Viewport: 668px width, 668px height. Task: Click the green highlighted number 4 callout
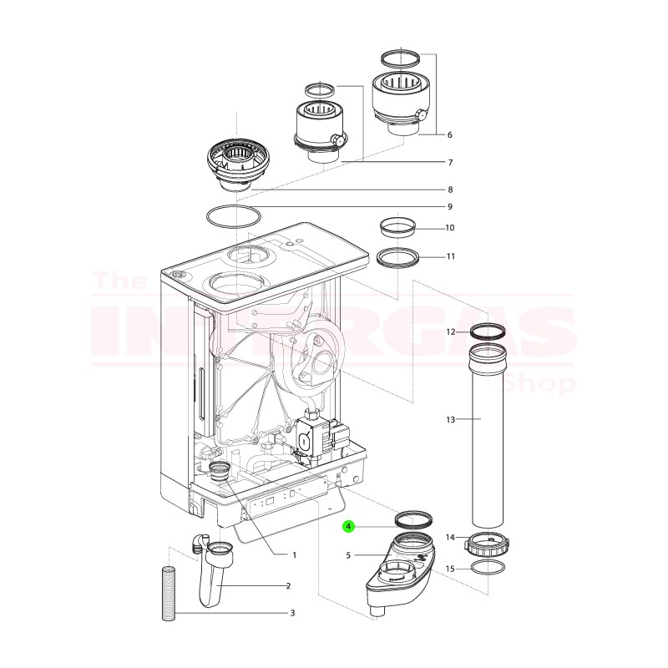point(349,527)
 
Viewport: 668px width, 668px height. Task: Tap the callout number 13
point(450,419)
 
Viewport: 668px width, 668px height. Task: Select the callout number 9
point(449,206)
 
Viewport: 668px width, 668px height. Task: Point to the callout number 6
point(449,134)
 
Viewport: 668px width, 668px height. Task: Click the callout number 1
point(294,554)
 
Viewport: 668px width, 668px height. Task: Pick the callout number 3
point(292,614)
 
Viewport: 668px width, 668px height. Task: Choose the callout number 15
point(450,569)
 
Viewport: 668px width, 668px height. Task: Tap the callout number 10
point(450,227)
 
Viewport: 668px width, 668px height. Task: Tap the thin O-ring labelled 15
point(488,569)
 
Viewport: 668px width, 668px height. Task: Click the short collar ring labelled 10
point(397,226)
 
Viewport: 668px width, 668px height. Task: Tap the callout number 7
point(449,162)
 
